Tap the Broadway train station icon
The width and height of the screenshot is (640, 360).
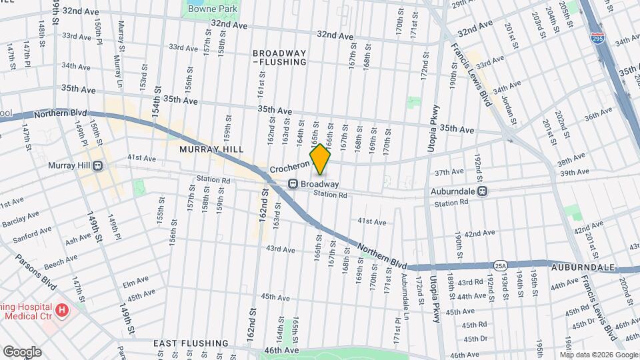click(x=292, y=184)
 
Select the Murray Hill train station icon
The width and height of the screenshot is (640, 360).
click(x=97, y=165)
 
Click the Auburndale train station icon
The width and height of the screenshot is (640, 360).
click(x=482, y=191)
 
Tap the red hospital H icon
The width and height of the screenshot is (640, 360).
click(x=62, y=310)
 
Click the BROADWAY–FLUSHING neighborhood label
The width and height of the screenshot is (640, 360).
click(x=279, y=57)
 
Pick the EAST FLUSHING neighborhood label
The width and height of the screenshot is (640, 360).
click(x=191, y=343)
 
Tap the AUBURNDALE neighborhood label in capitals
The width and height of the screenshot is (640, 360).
click(x=582, y=267)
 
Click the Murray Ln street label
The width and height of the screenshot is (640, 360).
click(x=121, y=39)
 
